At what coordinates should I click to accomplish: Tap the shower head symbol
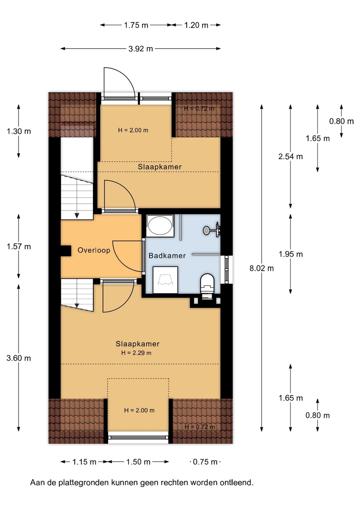click(206, 230)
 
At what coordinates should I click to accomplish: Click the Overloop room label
click(94, 250)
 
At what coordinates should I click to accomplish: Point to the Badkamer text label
click(167, 256)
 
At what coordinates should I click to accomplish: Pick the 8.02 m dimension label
click(261, 268)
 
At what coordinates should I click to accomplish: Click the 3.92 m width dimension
click(141, 49)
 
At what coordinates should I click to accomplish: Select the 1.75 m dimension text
click(136, 25)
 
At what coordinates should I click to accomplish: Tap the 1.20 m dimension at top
click(196, 25)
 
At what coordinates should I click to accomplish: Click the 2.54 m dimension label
click(290, 156)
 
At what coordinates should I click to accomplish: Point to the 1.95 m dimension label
click(291, 254)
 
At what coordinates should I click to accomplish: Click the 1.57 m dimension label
click(19, 246)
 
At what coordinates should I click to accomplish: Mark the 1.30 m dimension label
click(19, 131)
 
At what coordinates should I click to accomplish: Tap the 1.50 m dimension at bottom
click(138, 462)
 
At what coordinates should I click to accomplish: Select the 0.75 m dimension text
click(205, 462)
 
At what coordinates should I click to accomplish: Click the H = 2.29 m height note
click(136, 353)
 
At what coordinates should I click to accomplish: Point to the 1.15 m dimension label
click(84, 462)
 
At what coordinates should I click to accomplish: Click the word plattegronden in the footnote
click(84, 483)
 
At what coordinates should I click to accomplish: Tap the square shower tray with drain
click(165, 280)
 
